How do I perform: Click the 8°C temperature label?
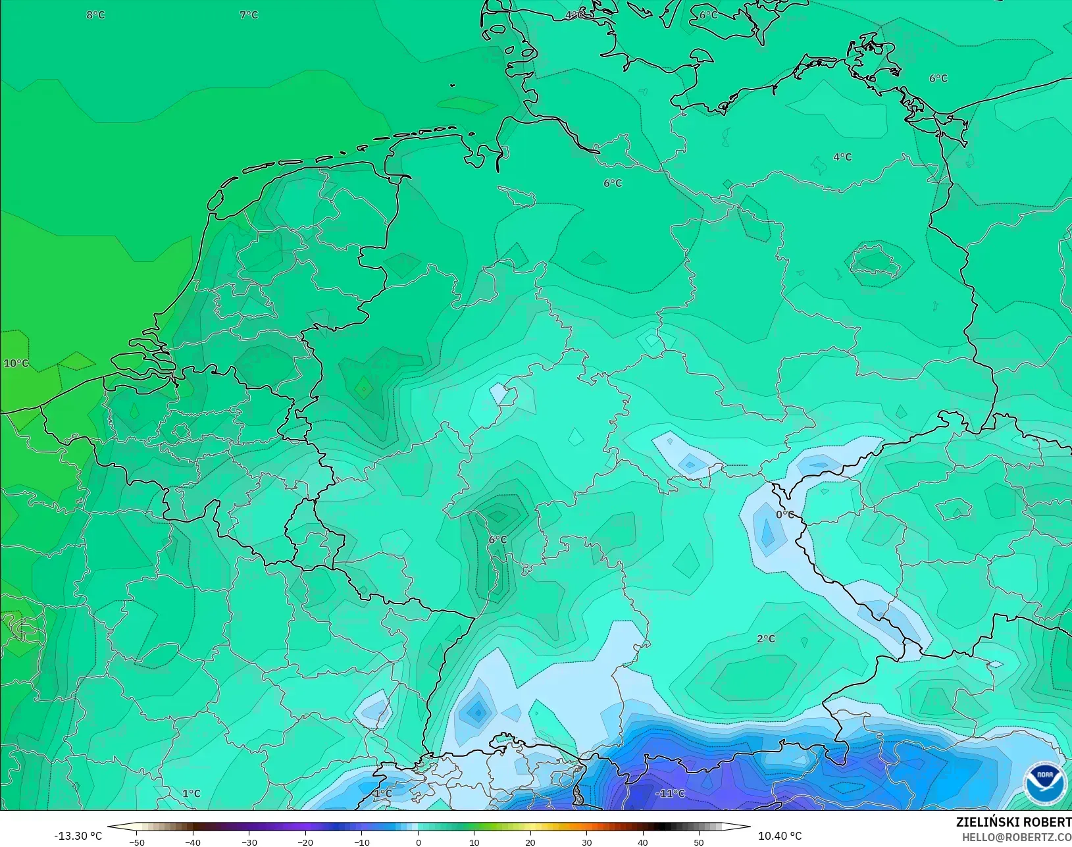[95, 14]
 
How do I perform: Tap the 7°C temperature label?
[249, 14]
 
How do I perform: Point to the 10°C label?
[16, 363]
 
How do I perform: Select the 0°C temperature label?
[785, 515]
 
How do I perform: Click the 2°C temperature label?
[766, 638]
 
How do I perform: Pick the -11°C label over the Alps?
[670, 794]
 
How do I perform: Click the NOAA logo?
[1045, 783]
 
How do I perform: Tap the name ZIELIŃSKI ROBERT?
[1013, 822]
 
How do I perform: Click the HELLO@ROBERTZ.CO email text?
[1016, 837]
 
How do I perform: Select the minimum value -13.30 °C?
[78, 836]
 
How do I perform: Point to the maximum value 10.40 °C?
[780, 836]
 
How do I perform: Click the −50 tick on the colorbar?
[137, 842]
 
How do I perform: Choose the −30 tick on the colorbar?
[249, 842]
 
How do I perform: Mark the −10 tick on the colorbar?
[361, 842]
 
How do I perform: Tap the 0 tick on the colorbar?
[418, 842]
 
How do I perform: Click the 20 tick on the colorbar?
[530, 842]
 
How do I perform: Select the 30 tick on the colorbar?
[586, 842]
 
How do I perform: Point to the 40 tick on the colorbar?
[643, 842]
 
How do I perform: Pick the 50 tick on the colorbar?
[699, 842]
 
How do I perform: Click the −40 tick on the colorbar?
[193, 842]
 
